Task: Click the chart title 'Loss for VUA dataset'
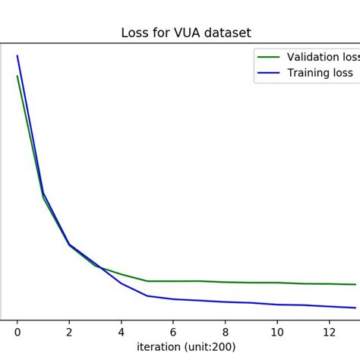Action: (186, 33)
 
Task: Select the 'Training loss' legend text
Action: (320, 73)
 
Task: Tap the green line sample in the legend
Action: (269, 57)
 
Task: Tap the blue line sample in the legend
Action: (269, 73)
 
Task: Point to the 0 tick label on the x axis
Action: (17, 332)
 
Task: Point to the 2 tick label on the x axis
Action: (69, 332)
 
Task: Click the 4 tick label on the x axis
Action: (122, 332)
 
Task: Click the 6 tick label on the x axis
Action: (173, 332)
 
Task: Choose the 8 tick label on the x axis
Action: (226, 332)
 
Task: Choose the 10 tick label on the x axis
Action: (277, 332)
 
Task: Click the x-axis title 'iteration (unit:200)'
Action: (186, 346)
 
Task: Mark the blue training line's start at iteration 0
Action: (17, 55)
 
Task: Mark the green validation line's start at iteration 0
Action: (17, 76)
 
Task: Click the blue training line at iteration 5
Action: (147, 295)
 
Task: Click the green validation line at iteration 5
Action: (147, 281)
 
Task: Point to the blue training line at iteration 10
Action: (277, 305)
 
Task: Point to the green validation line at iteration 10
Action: (277, 283)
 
